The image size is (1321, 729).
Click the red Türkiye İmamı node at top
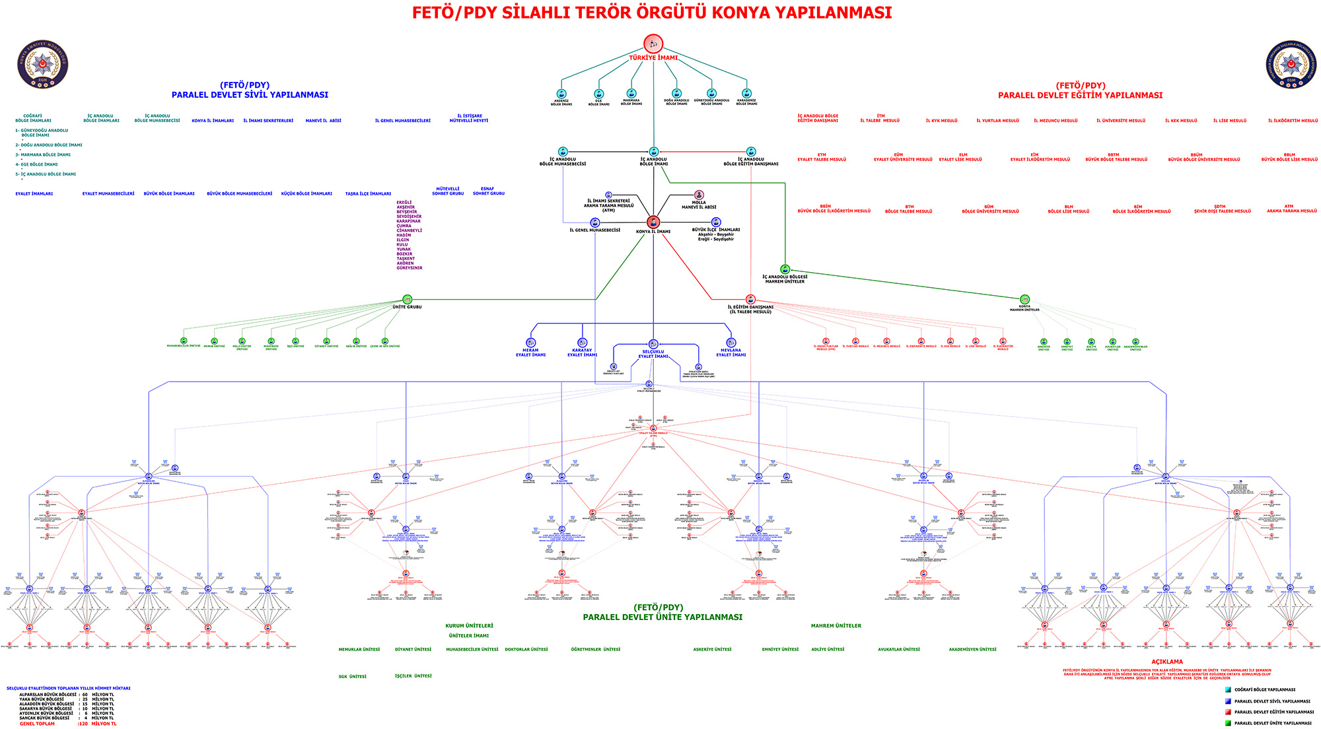pos(653,44)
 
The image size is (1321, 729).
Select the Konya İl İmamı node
pos(653,223)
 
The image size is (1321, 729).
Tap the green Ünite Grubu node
pos(407,300)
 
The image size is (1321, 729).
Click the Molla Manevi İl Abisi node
pos(699,195)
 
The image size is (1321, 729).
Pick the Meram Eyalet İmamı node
pos(531,343)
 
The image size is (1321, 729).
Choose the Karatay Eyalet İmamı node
pos(582,343)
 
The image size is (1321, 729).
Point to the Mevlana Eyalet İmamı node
pos(731,343)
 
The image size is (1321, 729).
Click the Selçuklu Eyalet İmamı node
pos(653,344)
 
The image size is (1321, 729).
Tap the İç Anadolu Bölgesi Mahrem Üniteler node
pos(785,269)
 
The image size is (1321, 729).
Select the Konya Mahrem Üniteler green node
pos(1024,300)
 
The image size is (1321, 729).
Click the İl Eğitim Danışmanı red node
pos(750,300)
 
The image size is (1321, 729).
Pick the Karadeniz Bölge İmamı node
pos(746,94)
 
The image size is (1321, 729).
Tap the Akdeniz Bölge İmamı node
pos(561,94)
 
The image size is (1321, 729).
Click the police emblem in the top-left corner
pos(43,64)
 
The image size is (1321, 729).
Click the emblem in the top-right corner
pos(1291,65)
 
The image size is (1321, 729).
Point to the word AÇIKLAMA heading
pos(1167,662)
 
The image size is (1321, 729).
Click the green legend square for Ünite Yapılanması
pos(1228,723)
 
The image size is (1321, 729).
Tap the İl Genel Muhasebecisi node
pos(595,223)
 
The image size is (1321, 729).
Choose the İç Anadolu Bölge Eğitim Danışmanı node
pos(751,152)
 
